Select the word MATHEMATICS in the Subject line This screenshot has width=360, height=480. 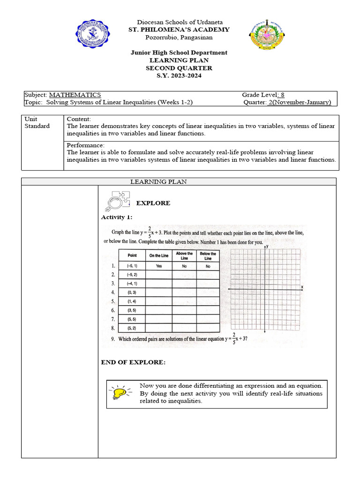75,95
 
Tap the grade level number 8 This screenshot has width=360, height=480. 283,95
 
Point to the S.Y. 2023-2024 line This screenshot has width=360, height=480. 179,76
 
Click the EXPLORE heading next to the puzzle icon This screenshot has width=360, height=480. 153,203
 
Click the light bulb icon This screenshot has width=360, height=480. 120,393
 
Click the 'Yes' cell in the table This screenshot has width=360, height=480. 158,265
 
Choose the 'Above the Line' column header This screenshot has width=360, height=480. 184,256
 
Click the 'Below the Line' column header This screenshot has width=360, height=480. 208,256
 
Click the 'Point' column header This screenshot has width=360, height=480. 132,255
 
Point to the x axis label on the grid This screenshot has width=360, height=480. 302,286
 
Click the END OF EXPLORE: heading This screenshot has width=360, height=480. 133,362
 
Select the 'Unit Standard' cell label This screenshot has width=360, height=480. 37,122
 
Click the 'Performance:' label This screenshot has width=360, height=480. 86,145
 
